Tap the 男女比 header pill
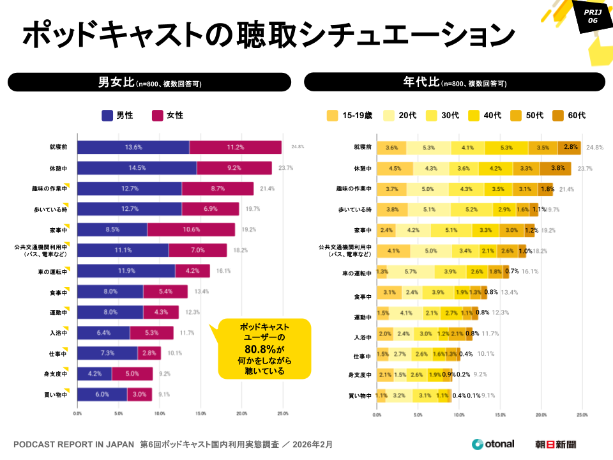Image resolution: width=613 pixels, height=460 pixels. coord(149,82)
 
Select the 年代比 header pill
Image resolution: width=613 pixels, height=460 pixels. coord(454,82)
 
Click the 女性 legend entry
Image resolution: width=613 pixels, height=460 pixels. coord(167,116)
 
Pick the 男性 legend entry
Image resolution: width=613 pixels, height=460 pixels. coord(117,116)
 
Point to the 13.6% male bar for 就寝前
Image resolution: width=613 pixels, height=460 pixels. coord(133,147)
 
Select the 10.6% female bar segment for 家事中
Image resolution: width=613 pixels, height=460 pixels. coord(191,229)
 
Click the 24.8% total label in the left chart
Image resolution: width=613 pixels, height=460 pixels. coord(298,147)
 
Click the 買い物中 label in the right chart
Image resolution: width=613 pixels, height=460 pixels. coord(359,395)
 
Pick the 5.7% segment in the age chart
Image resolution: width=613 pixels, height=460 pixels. coord(411,272)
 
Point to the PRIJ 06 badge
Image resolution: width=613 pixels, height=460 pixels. coord(592,16)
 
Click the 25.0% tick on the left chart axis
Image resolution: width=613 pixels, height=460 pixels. coord(282,414)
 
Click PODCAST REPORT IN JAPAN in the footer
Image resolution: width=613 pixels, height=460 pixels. coord(73,444)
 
